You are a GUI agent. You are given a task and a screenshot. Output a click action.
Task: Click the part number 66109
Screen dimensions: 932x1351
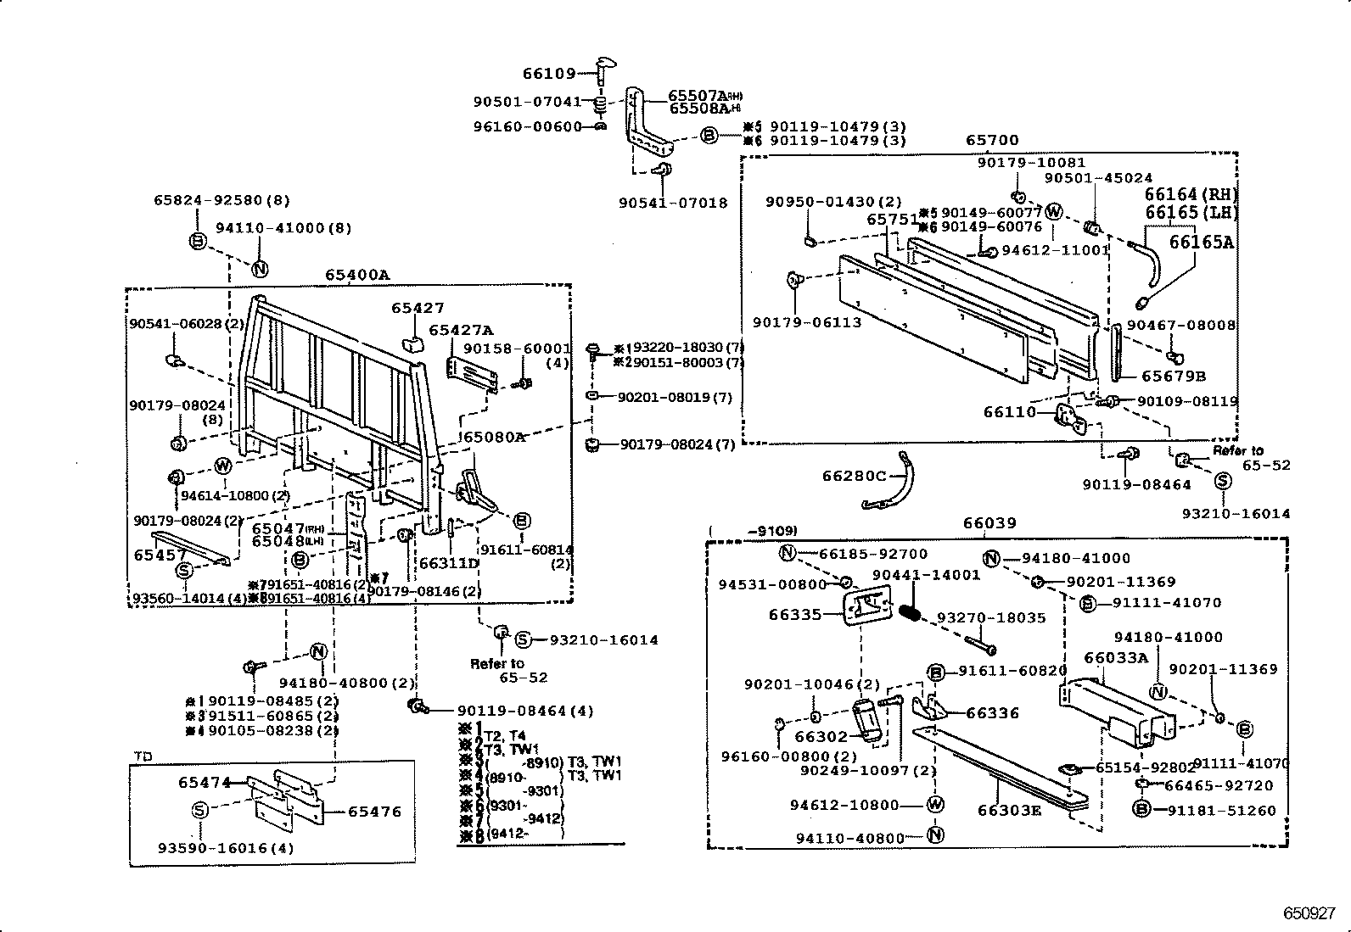(x=549, y=75)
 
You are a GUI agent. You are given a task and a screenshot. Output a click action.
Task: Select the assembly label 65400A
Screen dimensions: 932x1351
(x=356, y=275)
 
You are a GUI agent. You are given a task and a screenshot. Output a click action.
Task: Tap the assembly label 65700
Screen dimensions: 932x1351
(x=991, y=141)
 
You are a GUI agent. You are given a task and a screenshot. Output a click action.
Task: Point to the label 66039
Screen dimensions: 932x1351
(x=989, y=524)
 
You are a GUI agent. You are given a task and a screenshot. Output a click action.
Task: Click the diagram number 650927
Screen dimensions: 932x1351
(x=1309, y=914)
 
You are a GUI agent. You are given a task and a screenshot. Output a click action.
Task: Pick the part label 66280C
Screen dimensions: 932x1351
(x=854, y=477)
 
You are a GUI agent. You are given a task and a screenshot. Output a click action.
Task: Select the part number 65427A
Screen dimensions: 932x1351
(x=461, y=330)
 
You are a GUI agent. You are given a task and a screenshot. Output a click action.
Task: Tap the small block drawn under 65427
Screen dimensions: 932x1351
(x=413, y=343)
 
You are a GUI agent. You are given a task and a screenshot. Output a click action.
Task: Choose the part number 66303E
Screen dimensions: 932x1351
(x=1009, y=810)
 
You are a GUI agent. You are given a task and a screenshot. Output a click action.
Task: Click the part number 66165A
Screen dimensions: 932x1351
(x=1201, y=243)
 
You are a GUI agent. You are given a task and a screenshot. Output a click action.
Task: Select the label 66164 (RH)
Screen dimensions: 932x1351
(x=1191, y=195)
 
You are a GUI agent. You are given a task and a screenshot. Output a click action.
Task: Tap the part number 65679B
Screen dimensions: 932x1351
(x=1173, y=376)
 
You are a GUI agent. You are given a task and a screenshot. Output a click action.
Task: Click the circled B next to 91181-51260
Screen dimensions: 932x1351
(x=1141, y=810)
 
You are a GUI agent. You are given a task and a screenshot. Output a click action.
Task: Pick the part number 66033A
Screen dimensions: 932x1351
(x=1116, y=657)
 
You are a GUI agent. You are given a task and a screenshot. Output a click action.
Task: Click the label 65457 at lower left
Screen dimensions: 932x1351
(x=160, y=555)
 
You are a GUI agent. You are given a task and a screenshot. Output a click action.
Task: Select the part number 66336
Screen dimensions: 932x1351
(x=993, y=713)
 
